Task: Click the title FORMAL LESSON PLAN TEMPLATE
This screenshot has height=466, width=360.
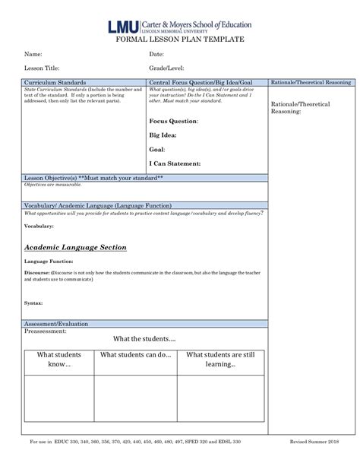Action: [x=180, y=39]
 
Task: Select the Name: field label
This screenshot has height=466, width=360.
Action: [x=33, y=55]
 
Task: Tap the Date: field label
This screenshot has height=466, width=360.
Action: [x=156, y=55]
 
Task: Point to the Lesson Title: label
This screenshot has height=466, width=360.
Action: [x=42, y=68]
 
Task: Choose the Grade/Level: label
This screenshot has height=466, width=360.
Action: [x=166, y=68]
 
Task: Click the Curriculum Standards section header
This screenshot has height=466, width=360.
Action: [x=55, y=82]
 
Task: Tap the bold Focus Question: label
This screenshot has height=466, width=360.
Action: [x=174, y=122]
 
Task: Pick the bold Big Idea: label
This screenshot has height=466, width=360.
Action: [x=163, y=135]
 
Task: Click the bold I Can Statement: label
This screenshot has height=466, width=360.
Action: [x=175, y=163]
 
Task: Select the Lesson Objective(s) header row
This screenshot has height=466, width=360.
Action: [x=94, y=177]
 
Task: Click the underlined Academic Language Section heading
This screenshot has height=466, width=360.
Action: [x=75, y=248]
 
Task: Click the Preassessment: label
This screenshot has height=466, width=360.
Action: [x=46, y=331]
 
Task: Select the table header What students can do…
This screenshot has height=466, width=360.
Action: [x=136, y=355]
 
